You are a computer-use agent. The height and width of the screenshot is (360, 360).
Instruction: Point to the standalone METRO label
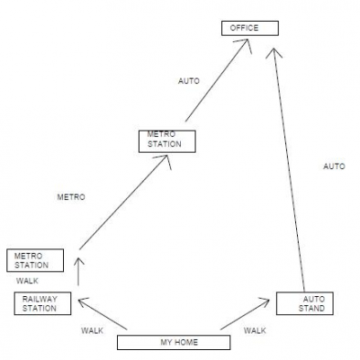coord(71,197)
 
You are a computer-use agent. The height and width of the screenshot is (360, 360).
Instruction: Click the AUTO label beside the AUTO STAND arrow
coord(334,166)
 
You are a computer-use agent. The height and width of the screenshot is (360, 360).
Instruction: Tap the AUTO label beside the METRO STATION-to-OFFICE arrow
coord(189,81)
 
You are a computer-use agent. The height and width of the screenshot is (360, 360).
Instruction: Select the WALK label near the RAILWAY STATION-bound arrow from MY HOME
coord(92,330)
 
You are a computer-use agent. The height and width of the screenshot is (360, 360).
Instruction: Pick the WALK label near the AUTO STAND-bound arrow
coord(255,330)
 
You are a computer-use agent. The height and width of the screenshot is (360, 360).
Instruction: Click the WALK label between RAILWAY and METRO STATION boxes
coord(27,281)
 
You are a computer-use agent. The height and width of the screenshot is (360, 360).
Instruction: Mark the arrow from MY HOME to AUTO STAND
coord(245,314)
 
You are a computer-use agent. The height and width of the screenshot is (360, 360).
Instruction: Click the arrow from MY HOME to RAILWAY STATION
coord(103,314)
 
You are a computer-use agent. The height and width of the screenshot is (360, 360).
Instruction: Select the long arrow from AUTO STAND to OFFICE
coord(288,169)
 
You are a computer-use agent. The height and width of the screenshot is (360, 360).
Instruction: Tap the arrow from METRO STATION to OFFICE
coord(217,80)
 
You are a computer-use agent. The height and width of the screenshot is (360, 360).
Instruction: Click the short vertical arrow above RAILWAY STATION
coord(78,271)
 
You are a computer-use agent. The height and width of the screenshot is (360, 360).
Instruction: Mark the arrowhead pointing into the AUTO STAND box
coord(265,301)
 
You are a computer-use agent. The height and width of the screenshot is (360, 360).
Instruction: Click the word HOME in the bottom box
coord(186,342)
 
